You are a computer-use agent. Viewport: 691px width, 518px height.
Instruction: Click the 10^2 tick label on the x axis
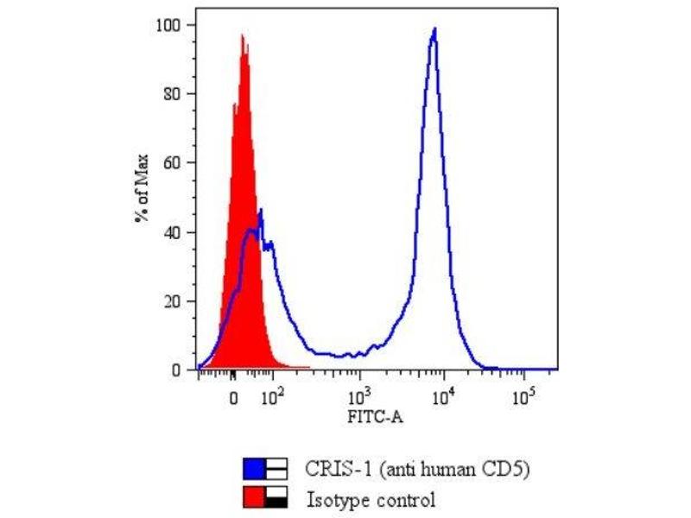point(272,396)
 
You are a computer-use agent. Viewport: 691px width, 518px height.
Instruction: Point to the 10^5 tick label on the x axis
point(522,396)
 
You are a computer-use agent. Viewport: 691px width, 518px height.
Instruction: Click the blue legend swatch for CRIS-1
point(254,470)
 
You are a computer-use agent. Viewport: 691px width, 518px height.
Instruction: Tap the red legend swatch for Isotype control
point(254,498)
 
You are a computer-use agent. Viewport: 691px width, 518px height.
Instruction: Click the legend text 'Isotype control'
point(371,499)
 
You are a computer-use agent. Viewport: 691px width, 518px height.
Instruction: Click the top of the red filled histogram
point(242,35)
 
